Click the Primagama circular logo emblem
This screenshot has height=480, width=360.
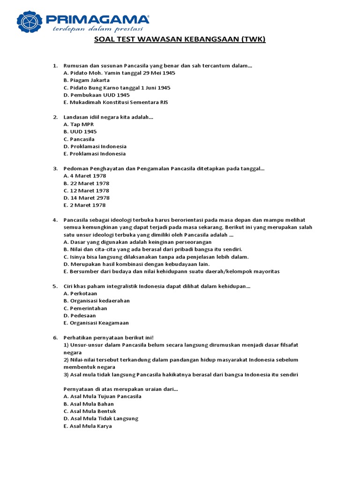[x=30, y=22]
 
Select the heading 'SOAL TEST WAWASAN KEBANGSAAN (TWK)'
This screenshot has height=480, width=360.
[x=180, y=39]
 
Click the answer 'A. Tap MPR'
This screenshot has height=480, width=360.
[x=79, y=124]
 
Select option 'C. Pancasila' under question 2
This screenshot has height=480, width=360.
[x=79, y=139]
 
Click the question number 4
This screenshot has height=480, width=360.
[x=54, y=220]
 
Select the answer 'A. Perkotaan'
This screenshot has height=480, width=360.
[x=80, y=293]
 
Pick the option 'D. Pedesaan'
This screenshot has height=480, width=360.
[x=80, y=315]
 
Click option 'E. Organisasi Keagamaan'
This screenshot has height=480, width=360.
[x=96, y=323]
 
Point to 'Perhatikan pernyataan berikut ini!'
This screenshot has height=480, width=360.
[x=109, y=337]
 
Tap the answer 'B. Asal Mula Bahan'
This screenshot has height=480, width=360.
[x=89, y=404]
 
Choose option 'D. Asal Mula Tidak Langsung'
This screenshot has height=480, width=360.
[x=101, y=419]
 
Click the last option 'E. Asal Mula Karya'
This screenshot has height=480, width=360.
[x=88, y=426]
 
